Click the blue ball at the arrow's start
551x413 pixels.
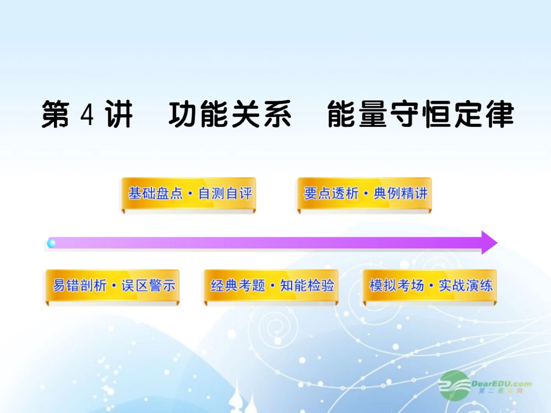tap(52, 243)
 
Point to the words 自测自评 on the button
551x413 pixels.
tap(226, 193)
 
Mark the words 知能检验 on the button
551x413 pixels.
tap(307, 286)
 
